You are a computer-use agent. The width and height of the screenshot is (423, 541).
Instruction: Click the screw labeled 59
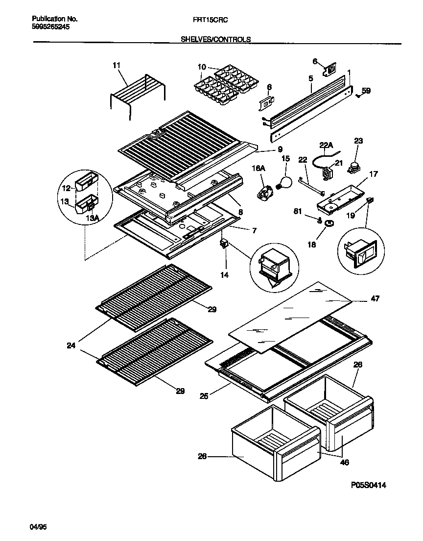point(359,96)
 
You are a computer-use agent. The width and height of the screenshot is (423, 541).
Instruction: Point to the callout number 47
point(375,298)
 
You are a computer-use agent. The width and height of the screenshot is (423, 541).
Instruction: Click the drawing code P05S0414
point(369,485)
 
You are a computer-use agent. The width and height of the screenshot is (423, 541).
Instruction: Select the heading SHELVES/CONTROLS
point(216,38)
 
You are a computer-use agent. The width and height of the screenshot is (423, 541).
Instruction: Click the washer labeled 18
point(329,224)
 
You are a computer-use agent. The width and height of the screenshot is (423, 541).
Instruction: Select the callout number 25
point(204,396)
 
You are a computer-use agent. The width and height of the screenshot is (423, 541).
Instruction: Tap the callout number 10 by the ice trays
point(201,66)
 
